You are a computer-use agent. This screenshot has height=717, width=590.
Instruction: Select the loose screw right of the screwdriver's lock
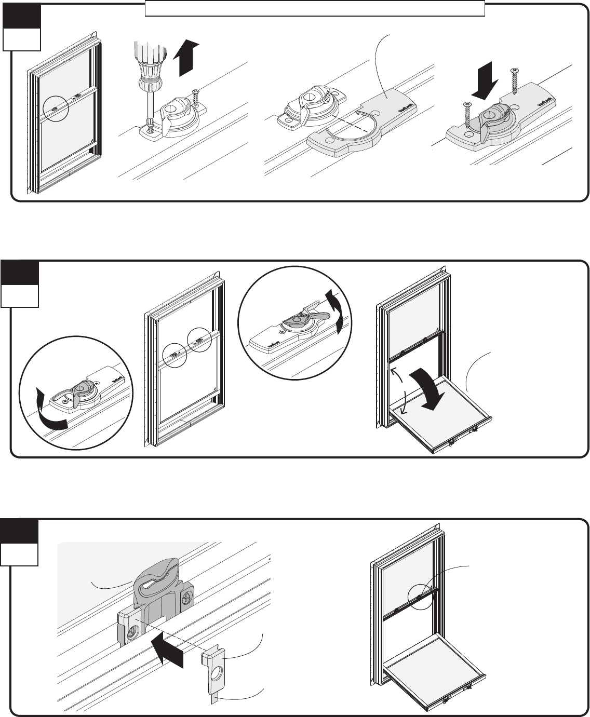(196, 96)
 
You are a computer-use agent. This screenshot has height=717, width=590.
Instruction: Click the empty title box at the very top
(315, 8)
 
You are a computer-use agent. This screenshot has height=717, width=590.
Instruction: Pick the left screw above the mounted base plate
(466, 115)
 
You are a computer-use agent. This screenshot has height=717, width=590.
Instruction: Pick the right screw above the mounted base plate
(515, 79)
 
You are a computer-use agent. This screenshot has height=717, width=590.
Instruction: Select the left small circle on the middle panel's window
(174, 356)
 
